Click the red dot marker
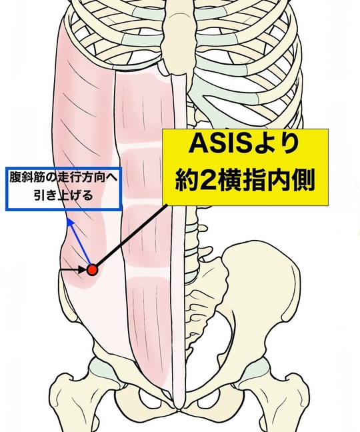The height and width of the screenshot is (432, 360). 92,270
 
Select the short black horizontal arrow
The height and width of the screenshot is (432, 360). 73,270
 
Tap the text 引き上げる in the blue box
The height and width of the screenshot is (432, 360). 63,195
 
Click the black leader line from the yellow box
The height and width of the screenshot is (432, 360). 131,236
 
